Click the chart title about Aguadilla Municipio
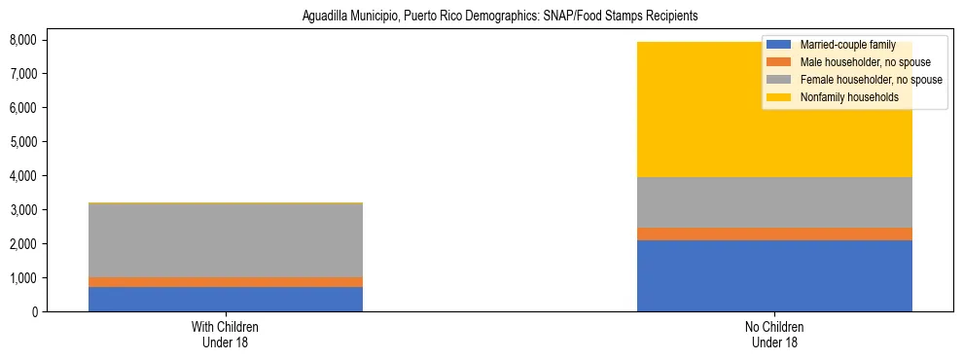[481, 17]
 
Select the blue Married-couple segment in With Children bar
[226, 299]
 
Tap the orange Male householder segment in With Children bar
[226, 282]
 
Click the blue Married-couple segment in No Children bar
[774, 275]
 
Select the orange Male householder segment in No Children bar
[774, 234]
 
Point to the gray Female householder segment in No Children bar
[774, 202]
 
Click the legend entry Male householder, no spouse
[865, 62]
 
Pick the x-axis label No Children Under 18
[774, 335]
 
